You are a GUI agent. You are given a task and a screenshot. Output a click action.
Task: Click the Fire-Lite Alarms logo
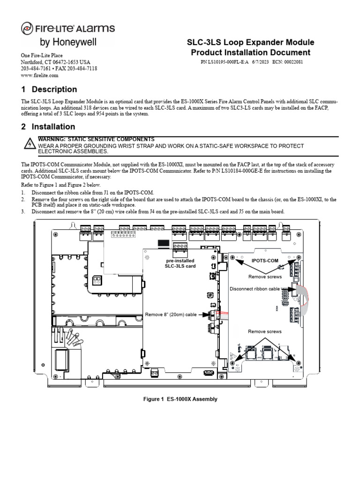(68, 29)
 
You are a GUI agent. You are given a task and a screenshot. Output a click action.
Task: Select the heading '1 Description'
(49, 89)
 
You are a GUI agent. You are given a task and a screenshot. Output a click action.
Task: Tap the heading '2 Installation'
(48, 127)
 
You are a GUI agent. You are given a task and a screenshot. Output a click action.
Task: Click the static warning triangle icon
(29, 144)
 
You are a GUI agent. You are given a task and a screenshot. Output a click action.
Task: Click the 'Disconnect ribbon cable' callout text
(255, 289)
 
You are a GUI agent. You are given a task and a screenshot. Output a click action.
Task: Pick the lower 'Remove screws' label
(265, 331)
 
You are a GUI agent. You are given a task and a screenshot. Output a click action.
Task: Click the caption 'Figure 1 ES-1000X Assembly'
(180, 399)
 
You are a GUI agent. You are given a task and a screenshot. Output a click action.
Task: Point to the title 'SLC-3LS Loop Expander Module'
(250, 42)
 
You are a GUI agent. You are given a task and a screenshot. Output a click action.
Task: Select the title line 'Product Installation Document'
(250, 52)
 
